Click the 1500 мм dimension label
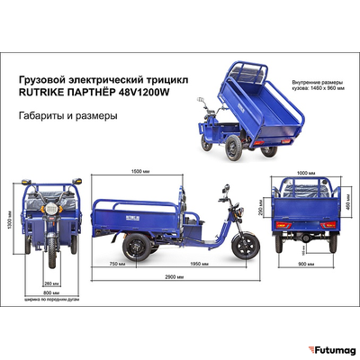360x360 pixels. [x=139, y=170]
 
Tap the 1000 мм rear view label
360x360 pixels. [x=306, y=172]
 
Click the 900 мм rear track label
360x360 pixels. [x=305, y=264]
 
